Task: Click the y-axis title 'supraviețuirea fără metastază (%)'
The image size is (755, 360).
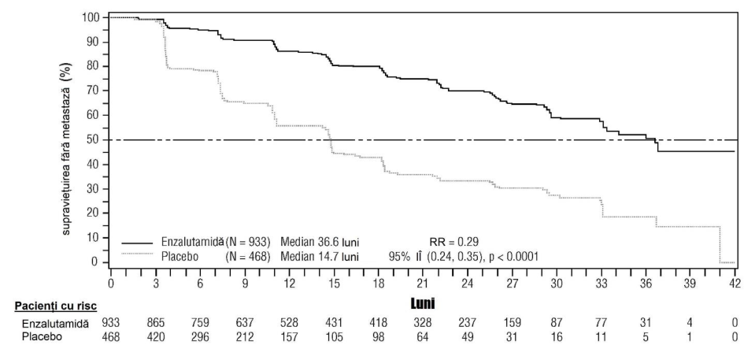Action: pyautogui.click(x=65, y=149)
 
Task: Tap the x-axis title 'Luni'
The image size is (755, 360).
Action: pyautogui.click(x=423, y=303)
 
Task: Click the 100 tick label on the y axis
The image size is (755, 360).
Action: pyautogui.click(x=91, y=18)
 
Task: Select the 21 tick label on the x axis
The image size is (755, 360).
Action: pyautogui.click(x=423, y=283)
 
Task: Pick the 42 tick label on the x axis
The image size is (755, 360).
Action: pyautogui.click(x=735, y=283)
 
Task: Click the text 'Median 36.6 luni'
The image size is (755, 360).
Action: pyautogui.click(x=320, y=242)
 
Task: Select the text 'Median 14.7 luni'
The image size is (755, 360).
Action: pyautogui.click(x=320, y=257)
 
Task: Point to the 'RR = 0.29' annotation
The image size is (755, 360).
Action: pyautogui.click(x=453, y=242)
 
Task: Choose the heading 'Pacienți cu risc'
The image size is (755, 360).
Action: pyautogui.click(x=57, y=306)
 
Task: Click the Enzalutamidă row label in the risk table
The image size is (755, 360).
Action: pyautogui.click(x=55, y=324)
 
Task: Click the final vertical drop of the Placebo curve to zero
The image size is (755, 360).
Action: pyautogui.click(x=720, y=244)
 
